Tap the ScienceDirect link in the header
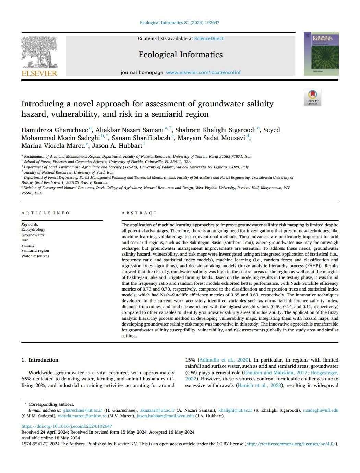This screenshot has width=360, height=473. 209,39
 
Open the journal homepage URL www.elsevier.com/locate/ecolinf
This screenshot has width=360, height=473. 203,73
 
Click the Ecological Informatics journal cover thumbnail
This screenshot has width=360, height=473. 321,54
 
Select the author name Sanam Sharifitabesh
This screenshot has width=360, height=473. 141,138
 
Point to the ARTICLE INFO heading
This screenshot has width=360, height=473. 46,213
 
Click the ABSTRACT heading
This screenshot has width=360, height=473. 139,213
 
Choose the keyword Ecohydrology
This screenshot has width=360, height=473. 33,229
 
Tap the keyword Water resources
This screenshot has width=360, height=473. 35,256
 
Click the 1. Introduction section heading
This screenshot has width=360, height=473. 40,360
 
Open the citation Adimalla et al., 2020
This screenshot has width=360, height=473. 224,360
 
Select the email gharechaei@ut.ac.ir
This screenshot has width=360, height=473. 83,410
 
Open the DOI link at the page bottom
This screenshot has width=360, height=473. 67,426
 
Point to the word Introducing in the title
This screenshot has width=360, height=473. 43,104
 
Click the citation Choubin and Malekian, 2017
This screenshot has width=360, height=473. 275,373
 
